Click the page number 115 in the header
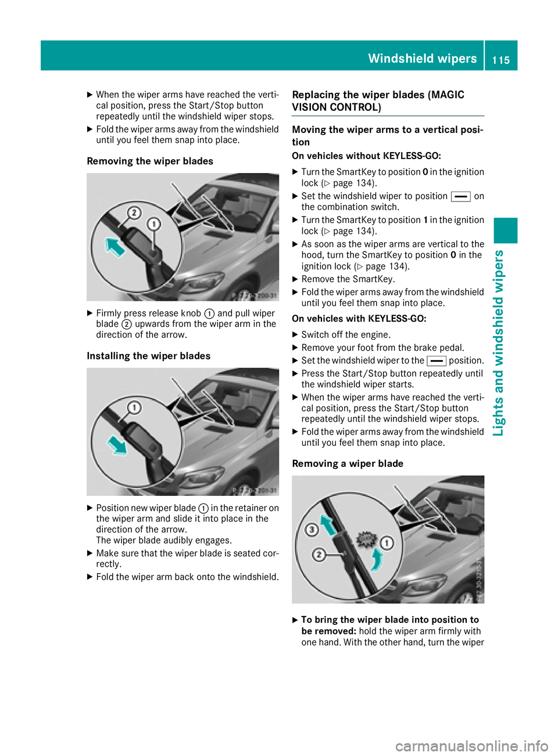pos(500,60)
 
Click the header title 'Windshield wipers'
pos(422,59)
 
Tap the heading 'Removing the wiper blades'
pos(150,161)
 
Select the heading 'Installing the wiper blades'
pos(148,356)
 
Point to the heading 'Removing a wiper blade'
pos(348,463)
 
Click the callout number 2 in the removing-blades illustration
pos(134,213)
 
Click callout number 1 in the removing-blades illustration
pos(153,224)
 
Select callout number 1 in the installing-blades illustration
pos(134,408)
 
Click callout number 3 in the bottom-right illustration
pos(312,530)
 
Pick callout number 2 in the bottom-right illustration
pos(319,555)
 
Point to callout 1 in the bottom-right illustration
pos(387,543)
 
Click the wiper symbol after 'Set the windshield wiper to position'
pos(460,197)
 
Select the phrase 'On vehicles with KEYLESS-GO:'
pos(359,319)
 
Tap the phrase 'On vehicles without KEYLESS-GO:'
pos(366,156)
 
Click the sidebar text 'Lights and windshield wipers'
pos(498,343)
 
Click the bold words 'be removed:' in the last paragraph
pos(328,631)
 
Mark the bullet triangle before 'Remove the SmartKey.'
pos(295,279)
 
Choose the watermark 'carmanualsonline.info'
pos(471,746)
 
